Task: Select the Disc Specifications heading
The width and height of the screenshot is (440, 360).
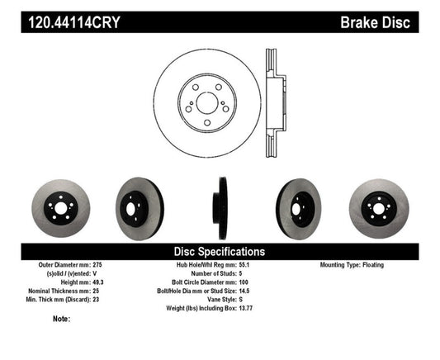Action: coord(219,250)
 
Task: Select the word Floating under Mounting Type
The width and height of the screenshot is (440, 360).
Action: coord(387,265)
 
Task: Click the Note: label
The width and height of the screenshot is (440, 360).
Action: coord(60,319)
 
